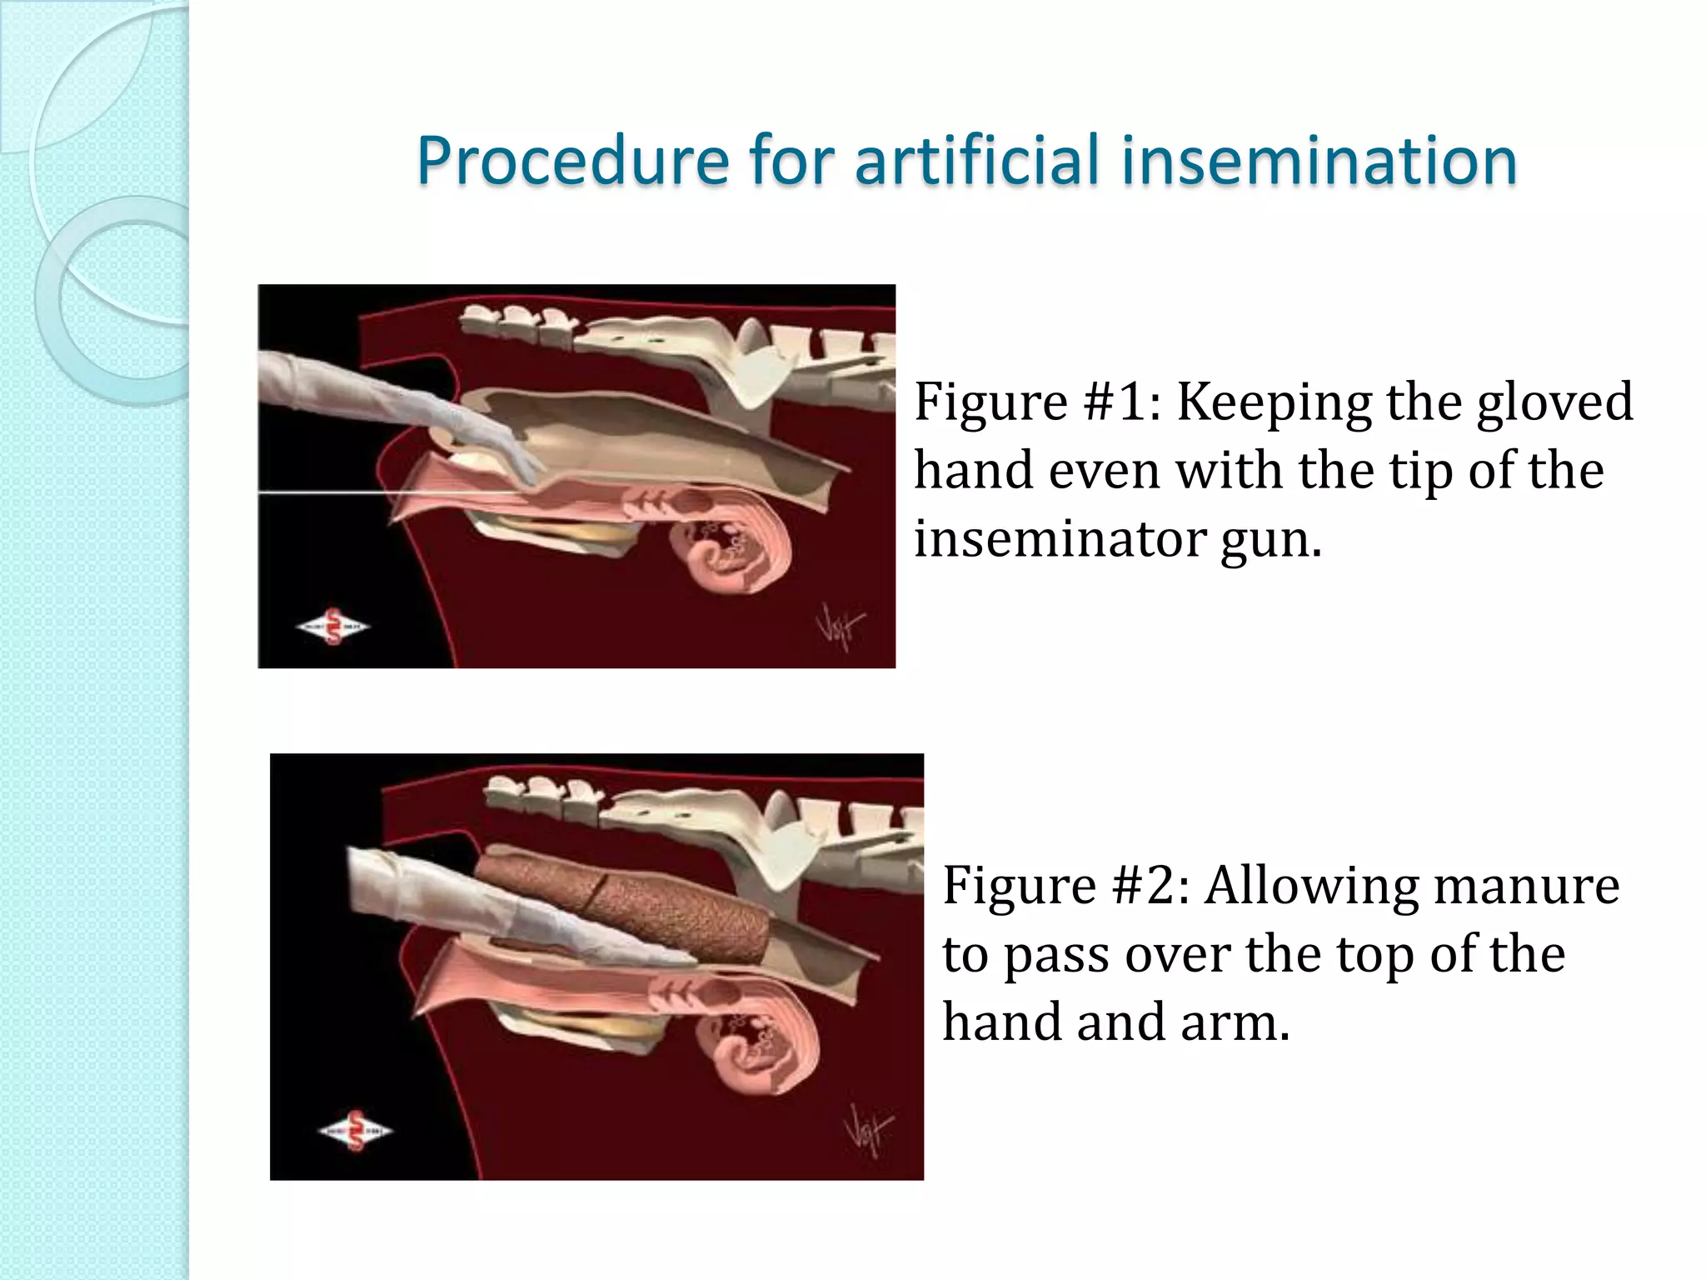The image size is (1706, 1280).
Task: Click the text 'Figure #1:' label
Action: (1038, 402)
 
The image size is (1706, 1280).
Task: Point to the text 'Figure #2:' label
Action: (1066, 885)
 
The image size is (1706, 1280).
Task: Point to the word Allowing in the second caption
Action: (1311, 887)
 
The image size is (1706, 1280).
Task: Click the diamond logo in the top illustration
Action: (333, 627)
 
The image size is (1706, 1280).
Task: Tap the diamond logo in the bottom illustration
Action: (356, 1131)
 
